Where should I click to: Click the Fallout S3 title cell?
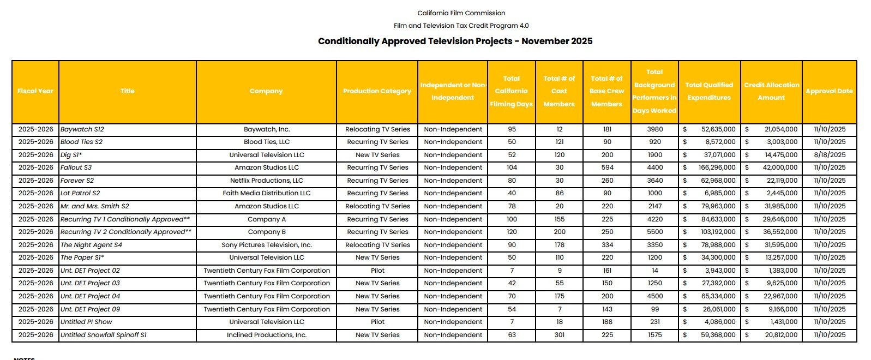tap(76, 167)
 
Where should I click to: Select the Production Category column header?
tap(377, 91)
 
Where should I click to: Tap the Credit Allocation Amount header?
tap(771, 91)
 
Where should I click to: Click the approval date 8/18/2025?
tap(830, 155)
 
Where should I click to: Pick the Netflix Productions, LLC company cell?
tap(266, 181)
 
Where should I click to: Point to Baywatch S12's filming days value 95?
tap(512, 129)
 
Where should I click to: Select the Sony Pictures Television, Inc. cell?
tap(266, 245)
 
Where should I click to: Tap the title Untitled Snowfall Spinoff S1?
tap(104, 335)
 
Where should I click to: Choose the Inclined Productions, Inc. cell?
tap(266, 335)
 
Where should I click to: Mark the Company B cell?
tap(266, 232)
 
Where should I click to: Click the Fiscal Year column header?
tap(35, 91)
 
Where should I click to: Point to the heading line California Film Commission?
tap(461, 13)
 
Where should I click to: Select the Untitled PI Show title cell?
tap(86, 322)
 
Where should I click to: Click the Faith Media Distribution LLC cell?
tap(266, 193)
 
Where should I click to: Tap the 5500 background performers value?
tap(655, 232)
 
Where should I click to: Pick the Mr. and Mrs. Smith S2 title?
tap(95, 206)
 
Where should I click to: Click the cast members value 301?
tap(560, 335)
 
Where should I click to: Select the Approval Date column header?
tap(829, 91)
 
